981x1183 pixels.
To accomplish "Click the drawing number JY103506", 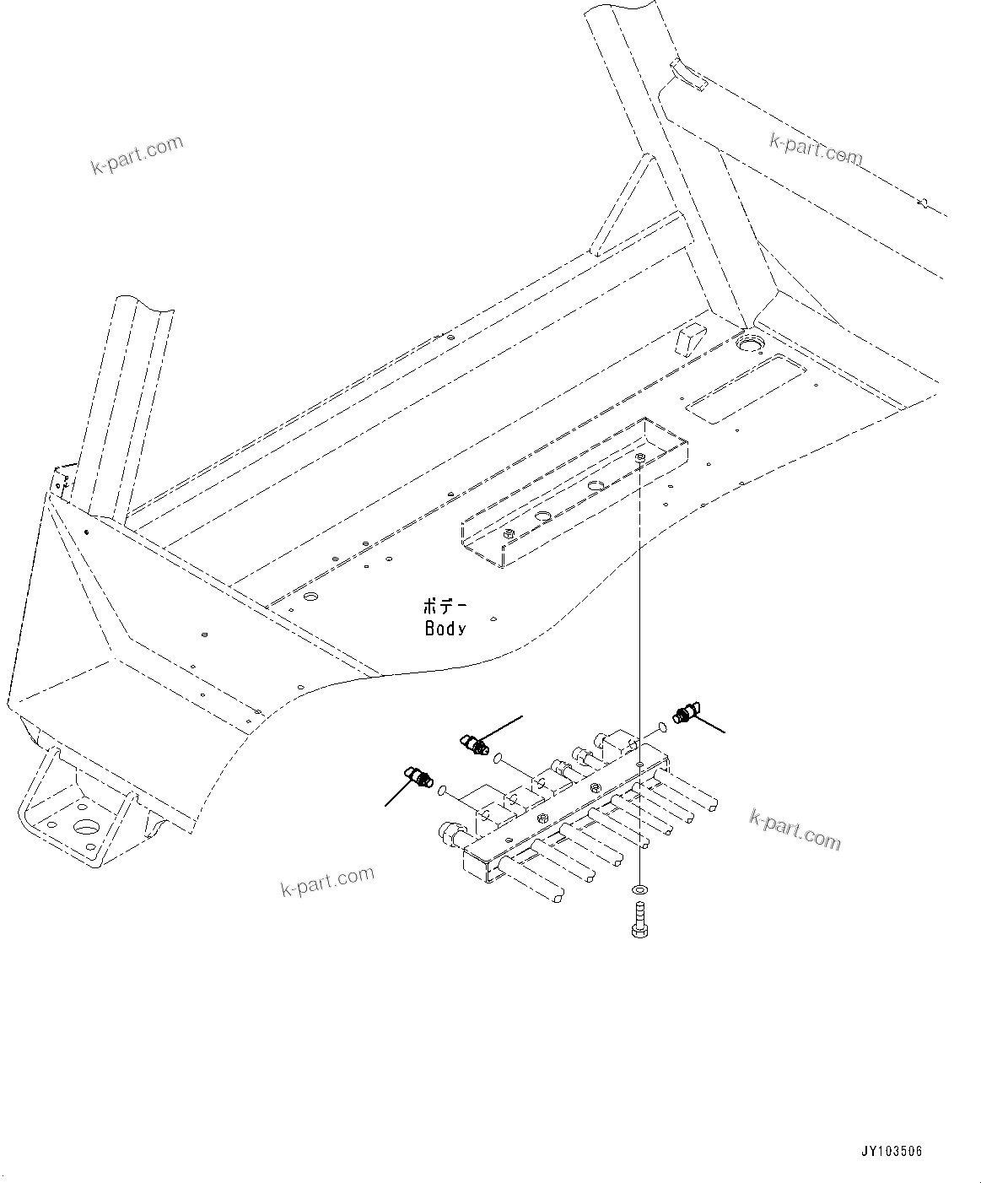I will coord(892,1151).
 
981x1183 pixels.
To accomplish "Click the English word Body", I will coord(445,629).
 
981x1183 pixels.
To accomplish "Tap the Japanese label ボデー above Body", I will coord(444,607).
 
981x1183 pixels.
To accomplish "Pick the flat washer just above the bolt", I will coord(641,890).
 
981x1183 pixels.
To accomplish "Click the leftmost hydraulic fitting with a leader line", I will coord(419,775).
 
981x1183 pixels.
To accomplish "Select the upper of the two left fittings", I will coord(474,744).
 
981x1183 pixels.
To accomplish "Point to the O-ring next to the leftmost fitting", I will coord(443,788).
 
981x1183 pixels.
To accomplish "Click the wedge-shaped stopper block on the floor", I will coord(687,339).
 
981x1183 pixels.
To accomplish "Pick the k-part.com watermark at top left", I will coord(137,154).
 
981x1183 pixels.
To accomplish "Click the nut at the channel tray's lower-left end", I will coord(508,533).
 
